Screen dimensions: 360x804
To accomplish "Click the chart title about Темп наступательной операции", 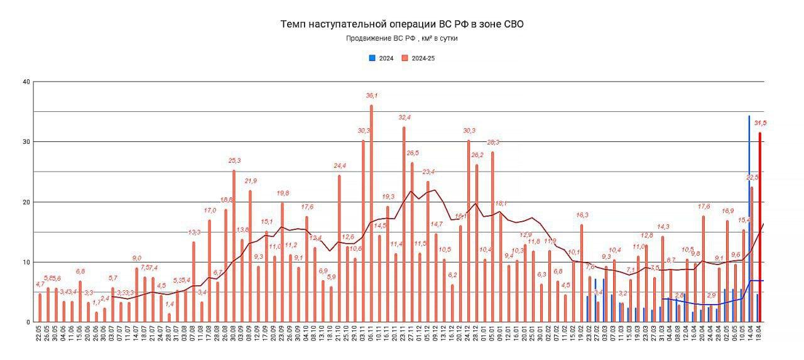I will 401,25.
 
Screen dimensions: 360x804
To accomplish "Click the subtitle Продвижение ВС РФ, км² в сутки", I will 401,38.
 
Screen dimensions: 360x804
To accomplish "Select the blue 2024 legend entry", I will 381,58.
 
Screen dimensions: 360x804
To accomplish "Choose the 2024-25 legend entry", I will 419,58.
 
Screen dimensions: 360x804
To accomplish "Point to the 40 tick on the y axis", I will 26,82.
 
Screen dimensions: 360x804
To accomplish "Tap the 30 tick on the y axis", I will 26,142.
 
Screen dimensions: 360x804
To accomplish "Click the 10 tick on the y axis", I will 26,262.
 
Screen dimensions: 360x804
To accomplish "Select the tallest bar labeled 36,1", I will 371,214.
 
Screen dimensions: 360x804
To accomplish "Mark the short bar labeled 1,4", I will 169,318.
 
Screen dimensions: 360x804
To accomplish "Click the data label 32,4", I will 404,117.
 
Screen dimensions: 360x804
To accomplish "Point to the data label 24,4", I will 339,166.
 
